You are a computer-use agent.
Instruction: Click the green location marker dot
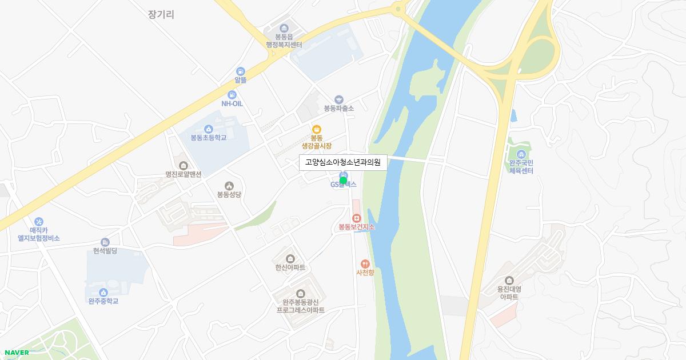click(343, 181)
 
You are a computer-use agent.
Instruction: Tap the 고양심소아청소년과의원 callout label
click(343, 162)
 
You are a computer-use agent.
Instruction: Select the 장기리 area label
click(161, 15)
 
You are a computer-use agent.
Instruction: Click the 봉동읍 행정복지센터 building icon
click(284, 29)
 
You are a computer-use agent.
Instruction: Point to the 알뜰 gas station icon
click(240, 71)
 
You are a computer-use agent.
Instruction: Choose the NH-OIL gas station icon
click(232, 94)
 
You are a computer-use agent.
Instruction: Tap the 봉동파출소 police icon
click(339, 99)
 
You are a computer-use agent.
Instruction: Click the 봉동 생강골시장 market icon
click(316, 129)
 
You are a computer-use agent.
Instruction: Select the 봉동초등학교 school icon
click(209, 129)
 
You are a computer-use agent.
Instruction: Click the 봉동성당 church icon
click(229, 185)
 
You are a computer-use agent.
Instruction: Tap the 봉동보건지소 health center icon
click(356, 218)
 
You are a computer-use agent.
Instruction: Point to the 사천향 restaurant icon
click(365, 263)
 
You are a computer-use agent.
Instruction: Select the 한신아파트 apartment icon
click(290, 259)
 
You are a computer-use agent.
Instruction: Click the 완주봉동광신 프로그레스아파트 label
click(300, 306)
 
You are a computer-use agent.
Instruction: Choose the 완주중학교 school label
click(103, 301)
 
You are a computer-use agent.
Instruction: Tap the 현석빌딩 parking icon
click(105, 242)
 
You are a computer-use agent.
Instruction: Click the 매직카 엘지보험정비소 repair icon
click(39, 221)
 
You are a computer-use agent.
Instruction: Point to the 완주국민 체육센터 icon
click(521, 154)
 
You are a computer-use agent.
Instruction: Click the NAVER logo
click(17, 353)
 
